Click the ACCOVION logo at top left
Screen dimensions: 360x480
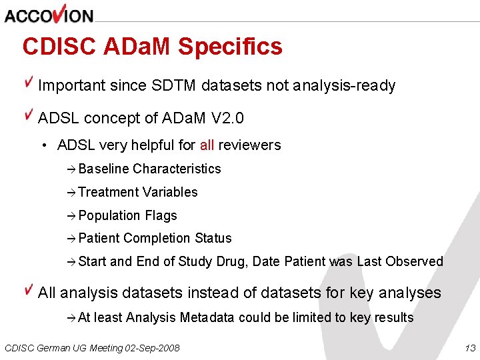(49, 15)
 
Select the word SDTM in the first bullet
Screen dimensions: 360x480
(175, 86)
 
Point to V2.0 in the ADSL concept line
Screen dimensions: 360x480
(227, 119)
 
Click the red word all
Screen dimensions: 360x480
(207, 145)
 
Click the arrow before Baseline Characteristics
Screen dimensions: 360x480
(72, 169)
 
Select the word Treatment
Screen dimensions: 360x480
(105, 192)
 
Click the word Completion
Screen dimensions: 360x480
(157, 239)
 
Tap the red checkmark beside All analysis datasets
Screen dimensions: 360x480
(29, 290)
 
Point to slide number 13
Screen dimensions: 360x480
(469, 348)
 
